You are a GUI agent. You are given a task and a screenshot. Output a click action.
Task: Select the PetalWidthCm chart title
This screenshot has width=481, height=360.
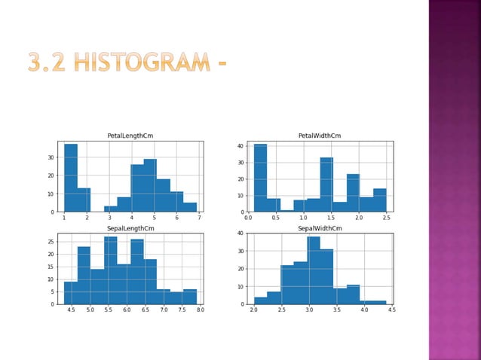[x=320, y=136]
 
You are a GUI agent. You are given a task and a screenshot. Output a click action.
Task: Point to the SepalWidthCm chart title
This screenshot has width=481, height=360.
[x=320, y=228]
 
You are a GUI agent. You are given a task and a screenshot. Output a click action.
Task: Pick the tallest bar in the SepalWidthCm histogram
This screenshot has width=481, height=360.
[x=313, y=271]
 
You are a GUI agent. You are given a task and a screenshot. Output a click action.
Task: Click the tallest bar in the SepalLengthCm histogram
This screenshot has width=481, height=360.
[x=110, y=271]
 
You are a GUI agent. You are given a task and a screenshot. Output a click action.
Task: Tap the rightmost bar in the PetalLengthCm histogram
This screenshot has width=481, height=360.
[x=190, y=207]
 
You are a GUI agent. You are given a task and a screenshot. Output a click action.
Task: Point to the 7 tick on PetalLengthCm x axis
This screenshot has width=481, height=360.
[x=199, y=217]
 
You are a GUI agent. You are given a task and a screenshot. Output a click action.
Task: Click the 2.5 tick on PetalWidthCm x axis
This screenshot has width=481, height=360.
[x=386, y=217]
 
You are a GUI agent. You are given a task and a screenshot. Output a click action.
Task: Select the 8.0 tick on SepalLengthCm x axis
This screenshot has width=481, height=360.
[x=201, y=310]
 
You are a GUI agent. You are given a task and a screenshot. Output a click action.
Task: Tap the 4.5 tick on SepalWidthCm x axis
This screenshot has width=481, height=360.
[x=392, y=310]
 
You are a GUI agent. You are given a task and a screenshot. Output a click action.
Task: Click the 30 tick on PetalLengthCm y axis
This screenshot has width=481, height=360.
[x=52, y=157]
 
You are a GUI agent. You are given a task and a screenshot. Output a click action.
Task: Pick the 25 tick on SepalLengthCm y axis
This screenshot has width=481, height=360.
[x=51, y=242]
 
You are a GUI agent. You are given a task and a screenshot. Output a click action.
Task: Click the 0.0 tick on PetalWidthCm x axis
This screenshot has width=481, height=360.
[x=248, y=217]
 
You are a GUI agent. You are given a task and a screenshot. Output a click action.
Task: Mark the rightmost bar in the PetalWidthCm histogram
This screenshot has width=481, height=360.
[x=379, y=200]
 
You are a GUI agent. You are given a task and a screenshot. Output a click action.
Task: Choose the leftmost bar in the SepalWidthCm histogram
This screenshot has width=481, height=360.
[x=260, y=301]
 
